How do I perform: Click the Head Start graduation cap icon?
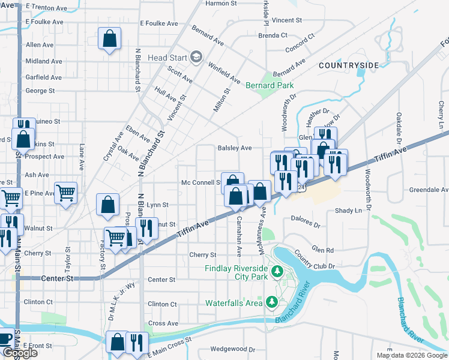point(195,57)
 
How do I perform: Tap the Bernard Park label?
point(270,86)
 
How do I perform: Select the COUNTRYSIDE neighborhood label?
point(349,65)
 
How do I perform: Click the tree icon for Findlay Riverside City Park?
point(277,273)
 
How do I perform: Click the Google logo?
point(19,353)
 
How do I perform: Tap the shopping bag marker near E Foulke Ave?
point(109,39)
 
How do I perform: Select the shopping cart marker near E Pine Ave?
point(66,193)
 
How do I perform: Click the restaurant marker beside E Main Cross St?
point(137,343)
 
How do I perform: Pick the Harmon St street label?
point(221,4)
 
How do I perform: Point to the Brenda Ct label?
point(273,35)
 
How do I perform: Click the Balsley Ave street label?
point(234,148)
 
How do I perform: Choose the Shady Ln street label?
point(349,211)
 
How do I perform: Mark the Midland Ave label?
point(43,61)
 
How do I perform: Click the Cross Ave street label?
point(163,323)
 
